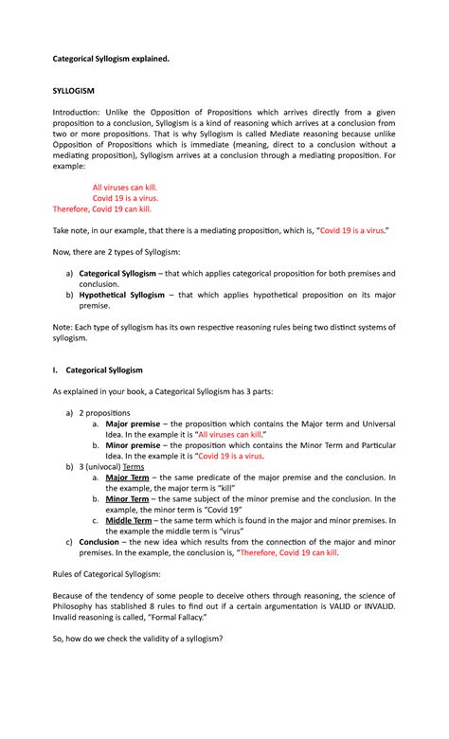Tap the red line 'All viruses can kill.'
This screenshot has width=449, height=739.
(124, 188)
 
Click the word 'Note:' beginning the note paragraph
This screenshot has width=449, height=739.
(62, 326)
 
